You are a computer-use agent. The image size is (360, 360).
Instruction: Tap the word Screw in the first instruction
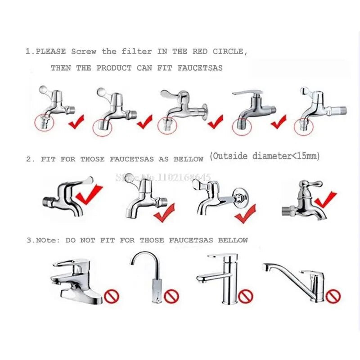point(84,52)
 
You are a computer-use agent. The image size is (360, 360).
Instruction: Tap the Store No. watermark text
point(163,177)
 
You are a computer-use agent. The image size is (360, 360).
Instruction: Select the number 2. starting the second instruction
point(30,159)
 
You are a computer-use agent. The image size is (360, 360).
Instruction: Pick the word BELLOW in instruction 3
point(233,240)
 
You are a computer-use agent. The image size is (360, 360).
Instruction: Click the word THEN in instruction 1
point(61,68)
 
